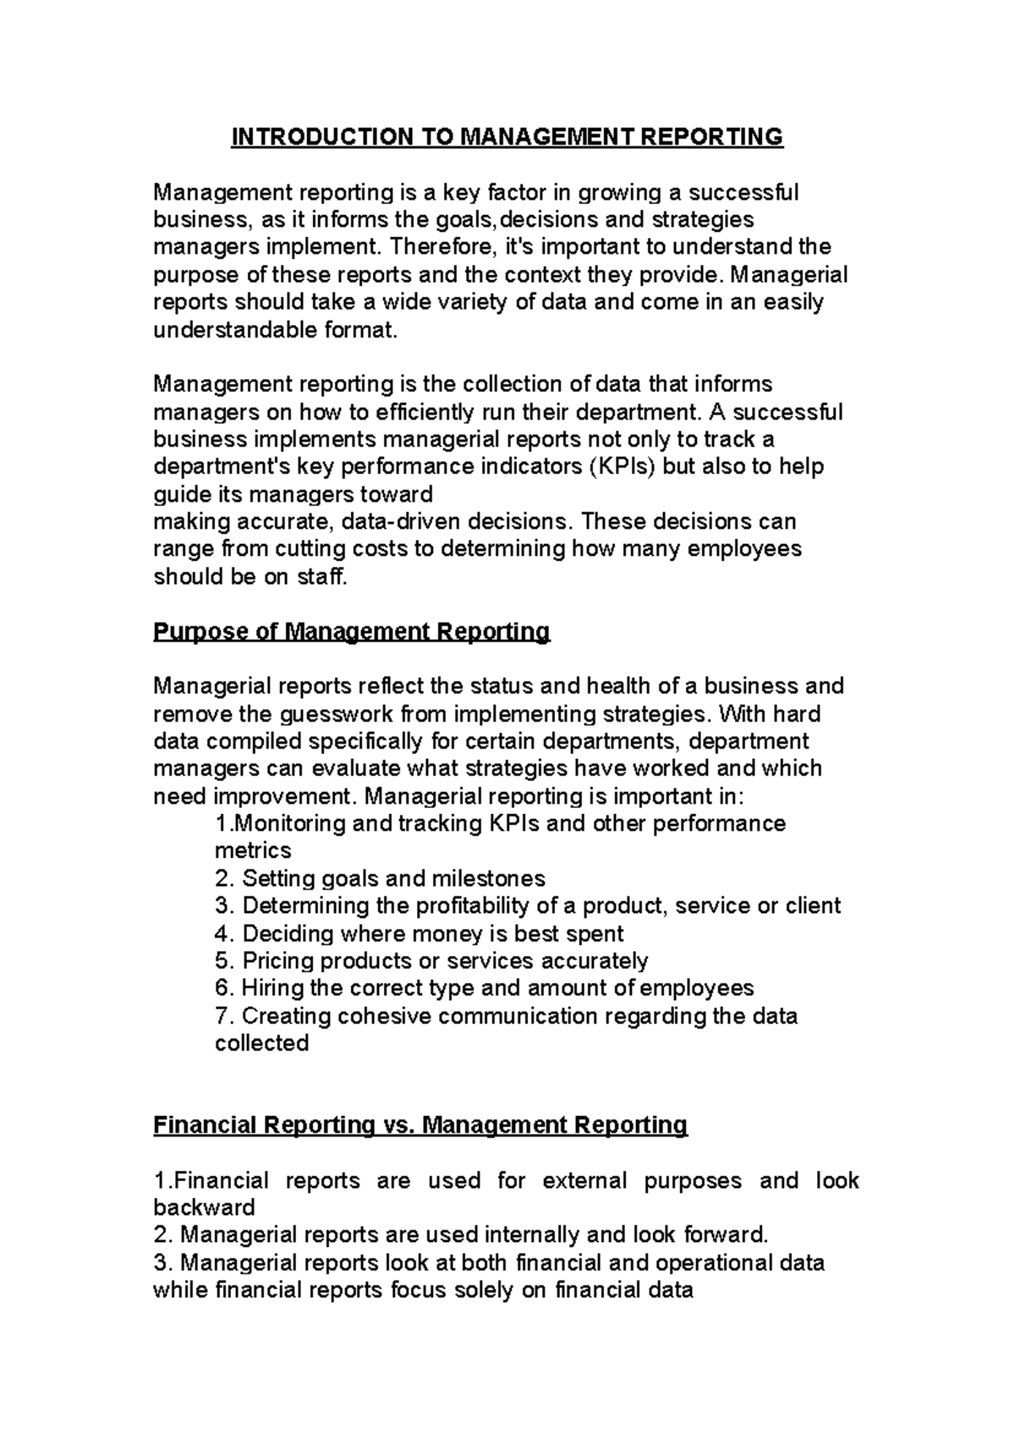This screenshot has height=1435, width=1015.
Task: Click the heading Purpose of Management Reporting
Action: pos(351,631)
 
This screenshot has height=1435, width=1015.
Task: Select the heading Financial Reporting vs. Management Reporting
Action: pos(420,1125)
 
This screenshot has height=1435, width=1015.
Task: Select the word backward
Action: pos(204,1207)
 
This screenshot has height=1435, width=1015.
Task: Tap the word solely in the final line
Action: pos(481,1290)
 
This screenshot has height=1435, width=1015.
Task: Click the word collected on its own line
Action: pos(261,1043)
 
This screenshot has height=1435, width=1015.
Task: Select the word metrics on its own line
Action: pos(253,850)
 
